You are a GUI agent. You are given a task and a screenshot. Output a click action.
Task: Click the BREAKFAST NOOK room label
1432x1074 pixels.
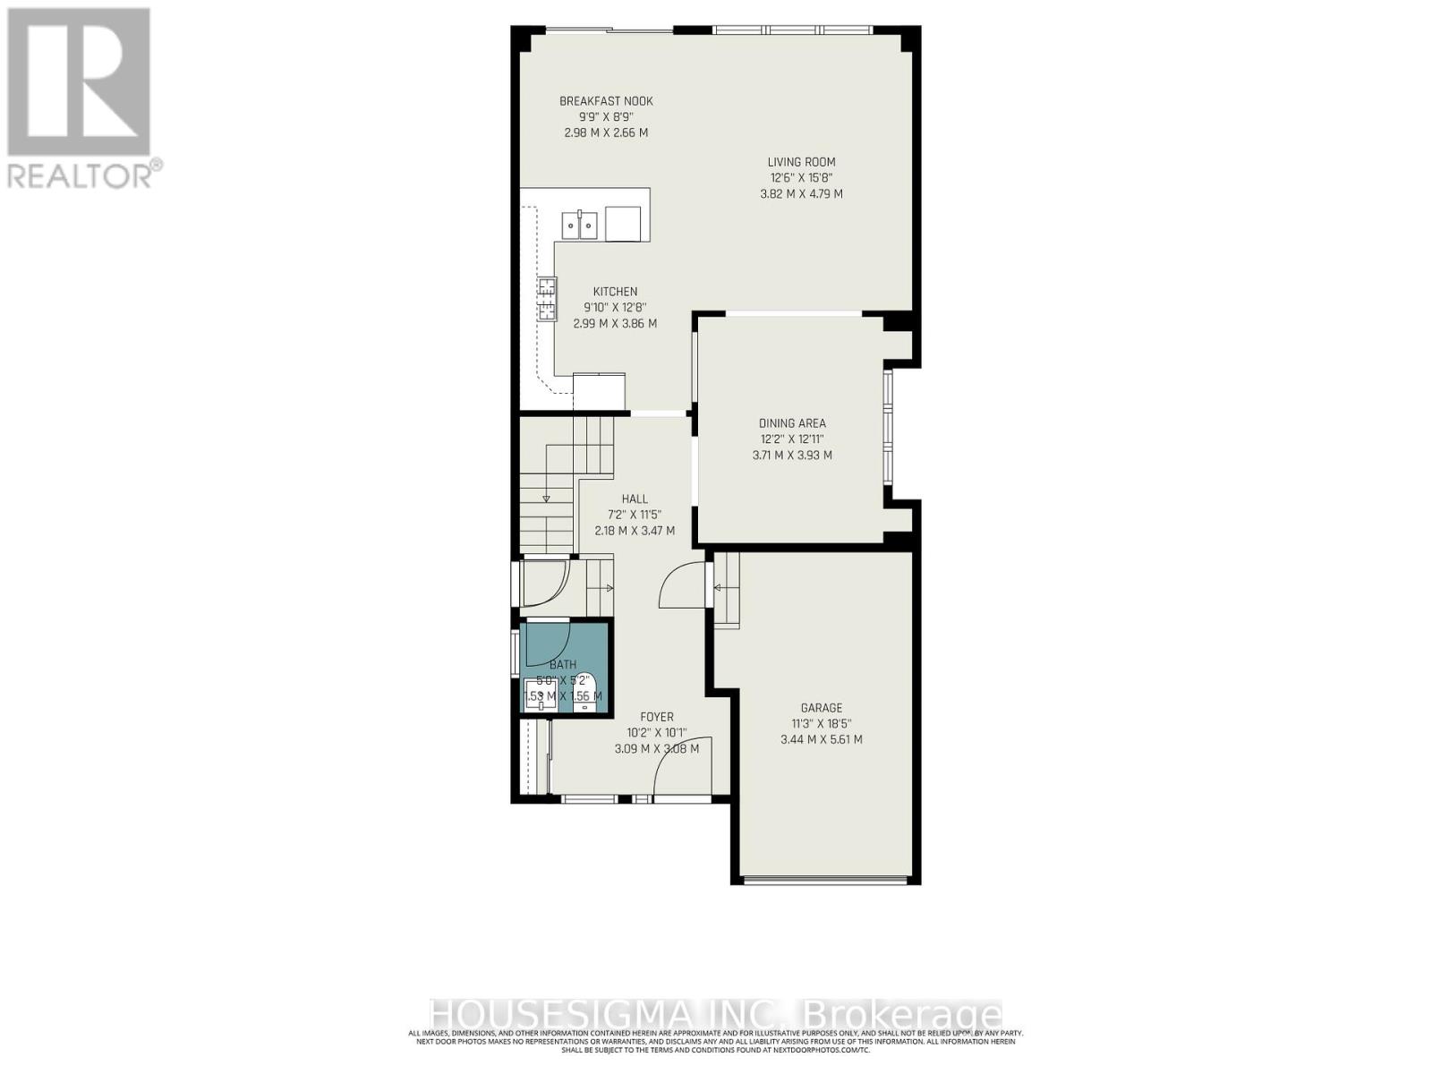pos(606,101)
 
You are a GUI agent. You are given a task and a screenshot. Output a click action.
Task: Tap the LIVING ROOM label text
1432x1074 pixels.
pos(801,162)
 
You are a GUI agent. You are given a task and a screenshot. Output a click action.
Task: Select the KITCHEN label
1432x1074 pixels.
pos(615,292)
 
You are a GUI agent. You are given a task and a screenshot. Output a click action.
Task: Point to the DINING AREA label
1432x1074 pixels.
pos(792,423)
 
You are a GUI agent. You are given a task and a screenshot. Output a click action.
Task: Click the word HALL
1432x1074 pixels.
pos(635,499)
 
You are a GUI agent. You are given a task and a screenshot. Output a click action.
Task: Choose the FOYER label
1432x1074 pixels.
pos(656,717)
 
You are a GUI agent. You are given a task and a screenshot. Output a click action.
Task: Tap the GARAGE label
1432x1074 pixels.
pos(821,708)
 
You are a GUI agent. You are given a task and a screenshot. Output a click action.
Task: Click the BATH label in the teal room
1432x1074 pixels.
pos(563,665)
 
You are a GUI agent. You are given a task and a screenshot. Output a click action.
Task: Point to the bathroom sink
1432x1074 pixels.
pos(540,695)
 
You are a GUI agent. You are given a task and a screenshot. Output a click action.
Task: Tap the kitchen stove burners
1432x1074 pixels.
pos(546,299)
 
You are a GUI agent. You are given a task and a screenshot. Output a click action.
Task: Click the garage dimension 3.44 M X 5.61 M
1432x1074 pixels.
pos(821,739)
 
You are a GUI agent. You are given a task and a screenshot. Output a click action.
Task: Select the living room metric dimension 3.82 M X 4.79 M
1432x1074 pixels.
pos(801,193)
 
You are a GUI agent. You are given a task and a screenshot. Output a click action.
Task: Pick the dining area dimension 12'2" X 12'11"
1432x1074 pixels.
pos(792,439)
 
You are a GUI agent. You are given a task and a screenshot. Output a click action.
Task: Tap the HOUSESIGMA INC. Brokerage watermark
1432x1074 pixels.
pos(716,1015)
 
